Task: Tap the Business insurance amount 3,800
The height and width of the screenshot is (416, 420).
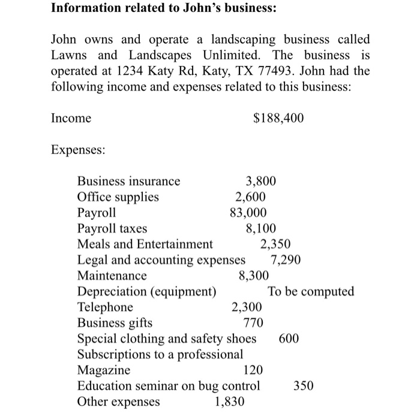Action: coord(262,181)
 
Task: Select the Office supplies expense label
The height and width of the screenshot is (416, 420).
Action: coord(118,197)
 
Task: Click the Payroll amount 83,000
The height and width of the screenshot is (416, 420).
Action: coord(248,212)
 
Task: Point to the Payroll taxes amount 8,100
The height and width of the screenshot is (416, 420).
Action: coord(262,228)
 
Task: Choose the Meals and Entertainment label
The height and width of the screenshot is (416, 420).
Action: coord(145,244)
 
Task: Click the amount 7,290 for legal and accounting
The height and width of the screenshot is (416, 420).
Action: coord(286,260)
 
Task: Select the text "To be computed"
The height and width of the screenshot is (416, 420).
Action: coord(311,292)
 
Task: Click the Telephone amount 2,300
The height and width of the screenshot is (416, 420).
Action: coord(247,308)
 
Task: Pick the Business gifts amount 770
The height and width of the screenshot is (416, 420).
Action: coord(254,323)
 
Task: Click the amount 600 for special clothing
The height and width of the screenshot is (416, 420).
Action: coord(289,339)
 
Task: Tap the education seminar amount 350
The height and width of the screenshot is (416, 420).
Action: coord(304,386)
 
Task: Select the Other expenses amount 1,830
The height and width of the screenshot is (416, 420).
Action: coord(229,402)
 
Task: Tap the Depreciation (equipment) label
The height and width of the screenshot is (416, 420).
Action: coord(147,292)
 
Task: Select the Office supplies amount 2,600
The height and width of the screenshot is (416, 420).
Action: coord(251,197)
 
